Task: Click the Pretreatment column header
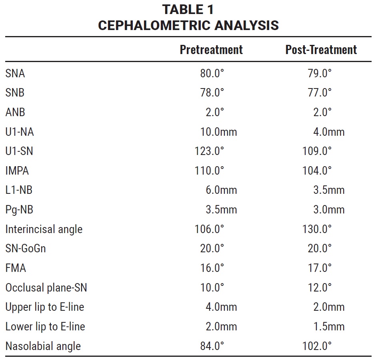coord(211,50)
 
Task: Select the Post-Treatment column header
coord(321,50)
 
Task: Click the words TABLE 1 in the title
coord(188,10)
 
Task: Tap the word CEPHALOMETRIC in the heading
coord(154,26)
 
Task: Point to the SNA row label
coord(15,73)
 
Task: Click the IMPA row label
coord(17,171)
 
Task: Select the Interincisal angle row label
coord(44,229)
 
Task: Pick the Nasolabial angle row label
coord(43,346)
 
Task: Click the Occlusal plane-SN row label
coord(46,288)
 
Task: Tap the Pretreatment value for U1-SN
coord(209,151)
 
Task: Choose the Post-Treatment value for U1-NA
coord(329,132)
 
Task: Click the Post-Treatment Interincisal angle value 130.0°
coord(317,229)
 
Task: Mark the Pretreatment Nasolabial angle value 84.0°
coord(212,346)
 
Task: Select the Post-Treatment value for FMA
coord(320,268)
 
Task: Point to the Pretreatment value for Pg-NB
coord(221,209)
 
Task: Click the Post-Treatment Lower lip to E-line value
coord(329,326)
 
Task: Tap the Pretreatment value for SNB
coord(212,93)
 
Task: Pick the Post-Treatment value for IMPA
coord(317,171)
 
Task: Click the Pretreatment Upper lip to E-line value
coord(221,307)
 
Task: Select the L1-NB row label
coord(19,190)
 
